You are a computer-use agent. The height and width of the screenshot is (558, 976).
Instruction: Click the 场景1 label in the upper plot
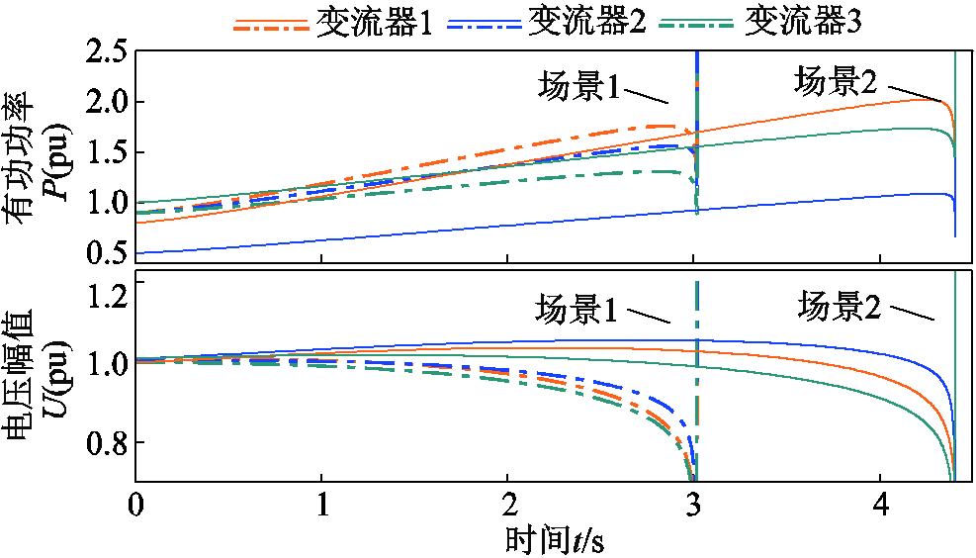578,86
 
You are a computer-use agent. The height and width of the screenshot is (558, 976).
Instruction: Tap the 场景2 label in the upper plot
836,83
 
